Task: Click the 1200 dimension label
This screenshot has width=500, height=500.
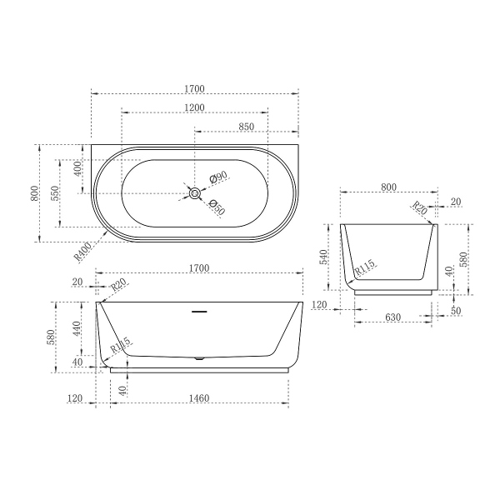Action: pos(195,108)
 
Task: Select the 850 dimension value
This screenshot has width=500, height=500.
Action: pos(246,126)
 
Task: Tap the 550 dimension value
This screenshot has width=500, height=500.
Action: pos(54,192)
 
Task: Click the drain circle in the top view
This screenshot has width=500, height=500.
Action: pos(194,193)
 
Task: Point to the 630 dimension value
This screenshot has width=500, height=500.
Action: pos(394,317)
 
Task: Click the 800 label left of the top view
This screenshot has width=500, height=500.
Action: pos(34,192)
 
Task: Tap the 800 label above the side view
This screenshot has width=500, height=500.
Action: pos(388,187)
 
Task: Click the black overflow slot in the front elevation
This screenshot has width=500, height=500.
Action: pos(198,312)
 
